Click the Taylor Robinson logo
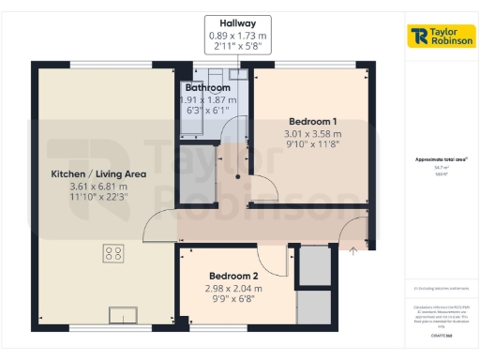[442, 36]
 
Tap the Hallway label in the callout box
[237, 22]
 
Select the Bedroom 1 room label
[313, 121]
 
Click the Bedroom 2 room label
[233, 276]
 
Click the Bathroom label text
[206, 86]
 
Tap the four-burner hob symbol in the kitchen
[113, 251]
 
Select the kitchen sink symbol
[123, 314]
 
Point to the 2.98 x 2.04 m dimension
[233, 288]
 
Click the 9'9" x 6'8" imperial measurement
[233, 299]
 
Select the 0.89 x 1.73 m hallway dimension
[237, 36]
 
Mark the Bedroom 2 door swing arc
[272, 255]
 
